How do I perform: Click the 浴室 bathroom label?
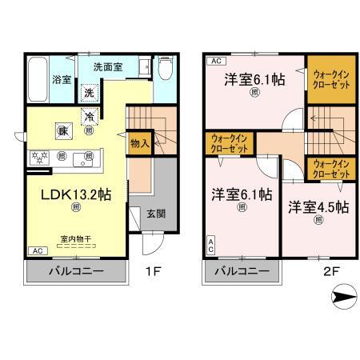pyautogui.click(x=61, y=80)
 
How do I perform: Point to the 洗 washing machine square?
pyautogui.click(x=90, y=93)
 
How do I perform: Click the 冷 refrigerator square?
pyautogui.click(x=112, y=115)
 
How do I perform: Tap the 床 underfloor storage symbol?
pyautogui.click(x=62, y=130)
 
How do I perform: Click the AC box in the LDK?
pyautogui.click(x=37, y=250)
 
